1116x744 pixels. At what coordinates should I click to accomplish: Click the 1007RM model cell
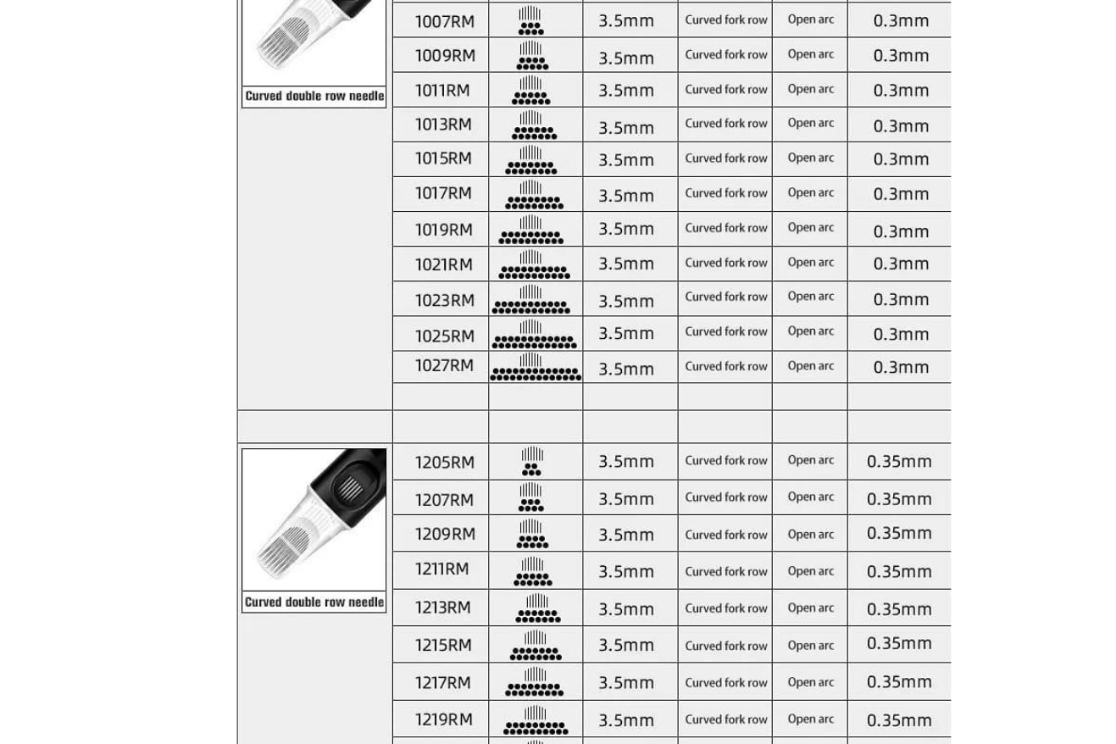(x=444, y=21)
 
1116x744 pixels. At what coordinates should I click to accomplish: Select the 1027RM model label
(x=444, y=365)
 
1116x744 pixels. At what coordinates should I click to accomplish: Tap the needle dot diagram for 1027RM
(x=536, y=367)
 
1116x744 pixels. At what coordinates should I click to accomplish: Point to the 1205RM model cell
(x=444, y=462)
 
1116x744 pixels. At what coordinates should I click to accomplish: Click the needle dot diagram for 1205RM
(x=531, y=461)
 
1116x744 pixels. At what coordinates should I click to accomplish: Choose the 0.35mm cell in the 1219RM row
(x=899, y=719)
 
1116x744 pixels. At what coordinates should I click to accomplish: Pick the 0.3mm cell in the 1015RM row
(x=901, y=158)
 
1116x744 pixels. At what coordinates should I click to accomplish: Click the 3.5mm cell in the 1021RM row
(x=626, y=264)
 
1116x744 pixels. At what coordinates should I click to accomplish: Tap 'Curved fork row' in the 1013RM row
(x=726, y=124)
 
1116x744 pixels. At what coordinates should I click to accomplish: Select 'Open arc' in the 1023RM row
(x=810, y=297)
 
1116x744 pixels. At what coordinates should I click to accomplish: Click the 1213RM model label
(x=442, y=608)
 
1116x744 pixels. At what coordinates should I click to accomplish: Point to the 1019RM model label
(x=443, y=229)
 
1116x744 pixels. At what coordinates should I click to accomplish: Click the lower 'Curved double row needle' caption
(x=314, y=602)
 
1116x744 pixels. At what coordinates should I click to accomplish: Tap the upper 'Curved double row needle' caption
(x=314, y=96)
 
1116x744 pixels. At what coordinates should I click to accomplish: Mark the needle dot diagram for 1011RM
(x=531, y=90)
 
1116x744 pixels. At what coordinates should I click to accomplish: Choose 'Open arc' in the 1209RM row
(x=810, y=534)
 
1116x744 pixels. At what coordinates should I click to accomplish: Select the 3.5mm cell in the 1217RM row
(x=626, y=682)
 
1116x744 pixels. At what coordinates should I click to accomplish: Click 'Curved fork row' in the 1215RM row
(x=726, y=645)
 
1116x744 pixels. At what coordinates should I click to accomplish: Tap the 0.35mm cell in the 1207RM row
(x=899, y=499)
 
